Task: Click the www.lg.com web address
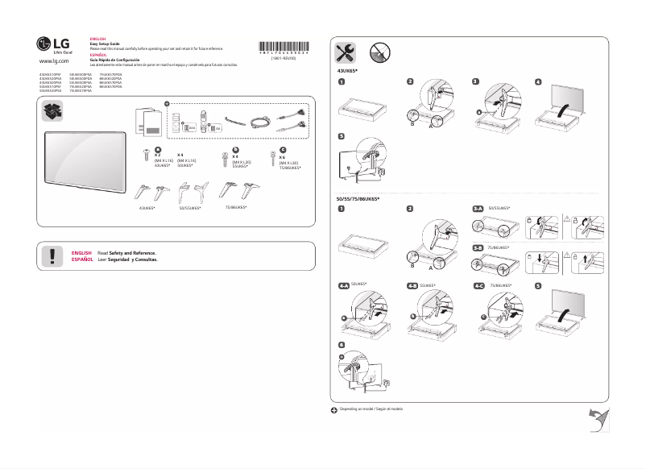pos(53,61)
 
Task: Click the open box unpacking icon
pos(54,114)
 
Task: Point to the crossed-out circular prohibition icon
pos(381,54)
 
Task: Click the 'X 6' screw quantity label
pos(282,158)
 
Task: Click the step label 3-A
pos(478,209)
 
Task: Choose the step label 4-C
pos(478,286)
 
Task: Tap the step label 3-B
pos(478,247)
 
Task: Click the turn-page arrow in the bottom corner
pos(598,418)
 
